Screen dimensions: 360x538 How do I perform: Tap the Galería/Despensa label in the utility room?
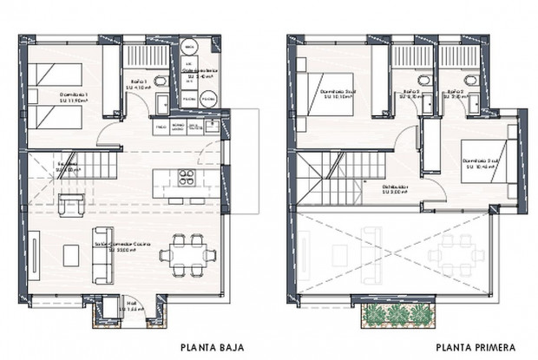(x=200, y=75)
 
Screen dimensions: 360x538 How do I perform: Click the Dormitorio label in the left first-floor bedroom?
(x=338, y=91)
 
